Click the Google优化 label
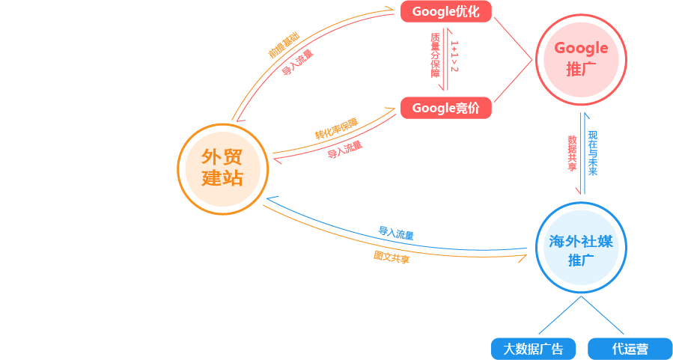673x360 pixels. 445,12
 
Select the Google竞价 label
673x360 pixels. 445,109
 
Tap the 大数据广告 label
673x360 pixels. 533,350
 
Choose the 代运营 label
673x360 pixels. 630,350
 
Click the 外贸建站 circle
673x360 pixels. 223,168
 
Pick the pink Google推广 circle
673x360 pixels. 581,59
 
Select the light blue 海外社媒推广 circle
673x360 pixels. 581,248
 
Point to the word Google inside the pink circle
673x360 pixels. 581,49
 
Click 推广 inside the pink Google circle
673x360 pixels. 581,70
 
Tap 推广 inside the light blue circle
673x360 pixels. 581,260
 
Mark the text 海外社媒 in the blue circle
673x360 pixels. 581,241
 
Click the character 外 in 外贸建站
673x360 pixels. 212,157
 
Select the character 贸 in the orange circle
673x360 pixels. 234,157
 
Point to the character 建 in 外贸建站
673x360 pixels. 212,179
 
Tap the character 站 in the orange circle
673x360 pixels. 234,179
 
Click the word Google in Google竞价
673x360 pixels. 433,109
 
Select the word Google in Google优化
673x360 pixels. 433,12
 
